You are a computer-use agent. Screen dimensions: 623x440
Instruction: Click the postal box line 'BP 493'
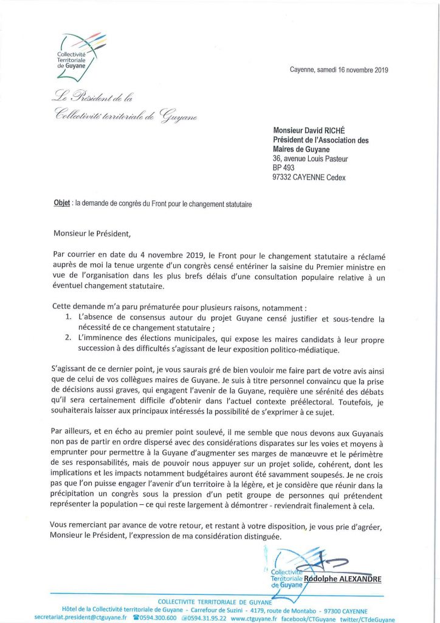pos(284,167)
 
